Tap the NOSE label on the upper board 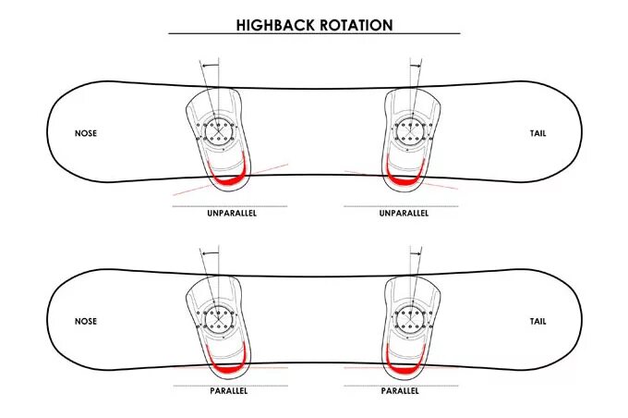click(86, 133)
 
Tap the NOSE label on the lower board click(86, 322)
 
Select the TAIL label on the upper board click(537, 133)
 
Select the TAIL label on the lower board click(537, 322)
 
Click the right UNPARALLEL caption click(405, 213)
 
